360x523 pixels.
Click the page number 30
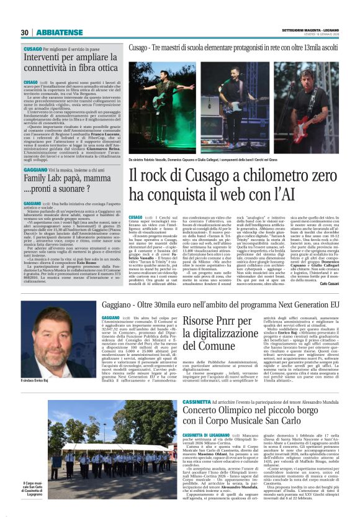(x=25, y=32)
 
